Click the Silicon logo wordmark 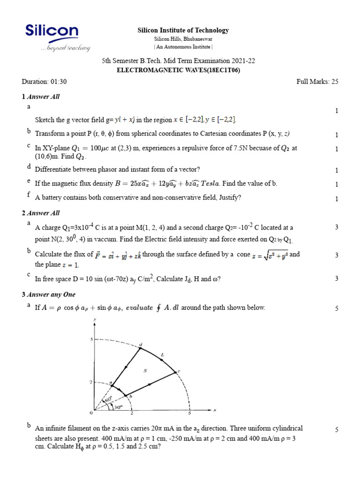click(52, 31)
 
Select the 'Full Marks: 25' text click(317, 82)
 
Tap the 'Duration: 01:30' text click(45, 82)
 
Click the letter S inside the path click(145, 370)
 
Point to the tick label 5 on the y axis click(91, 338)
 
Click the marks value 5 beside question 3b click(337, 430)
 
